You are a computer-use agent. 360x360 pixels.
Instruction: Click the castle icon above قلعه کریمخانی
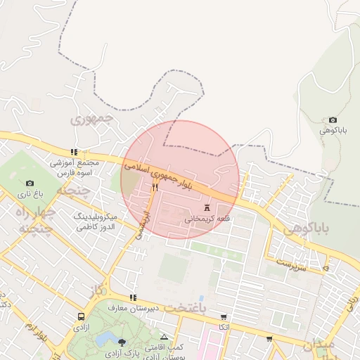coord(207,207)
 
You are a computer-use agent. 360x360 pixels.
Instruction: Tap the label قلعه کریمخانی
coord(207,219)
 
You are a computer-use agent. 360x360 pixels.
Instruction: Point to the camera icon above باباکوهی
coord(333,121)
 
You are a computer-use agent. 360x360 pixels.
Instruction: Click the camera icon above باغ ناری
coord(30,184)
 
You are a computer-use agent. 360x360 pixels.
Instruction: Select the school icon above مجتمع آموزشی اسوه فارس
coord(74,152)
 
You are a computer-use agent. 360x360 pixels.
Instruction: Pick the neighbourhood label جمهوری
coord(92,117)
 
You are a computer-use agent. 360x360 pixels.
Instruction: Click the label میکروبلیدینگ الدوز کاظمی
coord(99,222)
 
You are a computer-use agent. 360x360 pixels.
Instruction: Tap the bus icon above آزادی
coord(82,317)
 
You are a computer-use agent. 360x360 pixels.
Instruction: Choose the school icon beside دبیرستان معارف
coord(133,298)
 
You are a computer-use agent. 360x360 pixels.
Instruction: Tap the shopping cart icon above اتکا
coord(224,317)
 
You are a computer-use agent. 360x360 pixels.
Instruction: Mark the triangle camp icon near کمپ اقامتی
coord(165,337)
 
